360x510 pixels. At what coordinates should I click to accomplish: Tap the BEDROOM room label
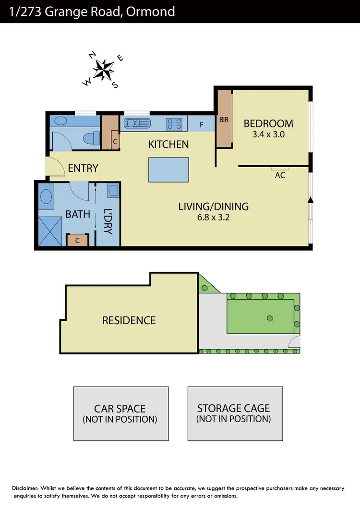point(268,123)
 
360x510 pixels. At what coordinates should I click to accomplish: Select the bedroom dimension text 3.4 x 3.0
point(268,134)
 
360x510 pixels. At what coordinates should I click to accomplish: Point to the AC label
point(280,175)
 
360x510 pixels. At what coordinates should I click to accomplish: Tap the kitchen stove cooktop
point(175,124)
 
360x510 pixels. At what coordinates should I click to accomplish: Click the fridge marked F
point(201,124)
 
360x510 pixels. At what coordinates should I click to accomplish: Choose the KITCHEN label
point(168,144)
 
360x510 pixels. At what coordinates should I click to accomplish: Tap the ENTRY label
point(83,168)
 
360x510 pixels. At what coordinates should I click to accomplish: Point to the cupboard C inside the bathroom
point(77,240)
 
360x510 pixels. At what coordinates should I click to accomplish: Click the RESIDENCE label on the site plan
point(129,320)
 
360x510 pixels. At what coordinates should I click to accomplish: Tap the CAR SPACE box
point(120,413)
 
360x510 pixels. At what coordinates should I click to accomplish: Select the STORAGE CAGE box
point(234,413)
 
